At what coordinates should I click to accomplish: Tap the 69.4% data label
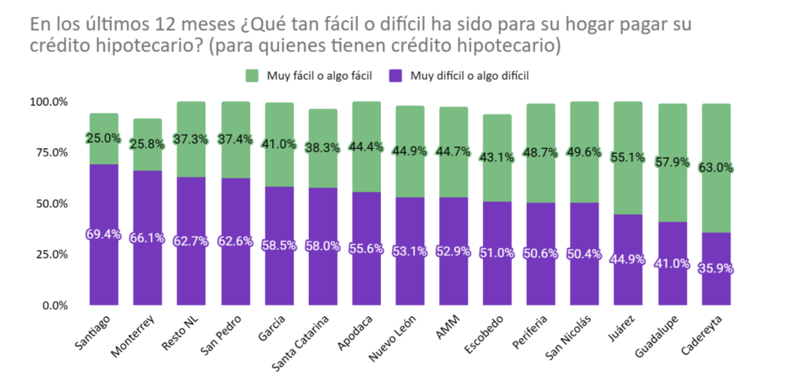(x=103, y=234)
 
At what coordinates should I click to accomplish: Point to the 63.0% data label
(x=715, y=167)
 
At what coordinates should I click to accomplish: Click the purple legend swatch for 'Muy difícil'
(x=396, y=75)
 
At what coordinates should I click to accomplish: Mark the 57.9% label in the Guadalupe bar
(x=672, y=163)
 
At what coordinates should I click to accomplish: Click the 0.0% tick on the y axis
(x=51, y=305)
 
